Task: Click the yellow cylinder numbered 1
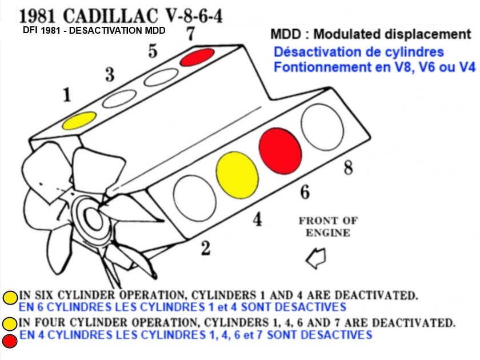(x=79, y=120)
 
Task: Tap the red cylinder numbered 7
(x=197, y=58)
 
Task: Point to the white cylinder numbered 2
(x=192, y=195)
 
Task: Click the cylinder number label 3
(x=110, y=74)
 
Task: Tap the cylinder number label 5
(x=152, y=51)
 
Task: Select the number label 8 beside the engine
(x=348, y=167)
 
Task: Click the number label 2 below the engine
(x=205, y=247)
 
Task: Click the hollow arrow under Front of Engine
(x=316, y=259)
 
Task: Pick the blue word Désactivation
(x=315, y=52)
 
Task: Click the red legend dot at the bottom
(x=10, y=342)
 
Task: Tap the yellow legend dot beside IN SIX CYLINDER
(x=10, y=297)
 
